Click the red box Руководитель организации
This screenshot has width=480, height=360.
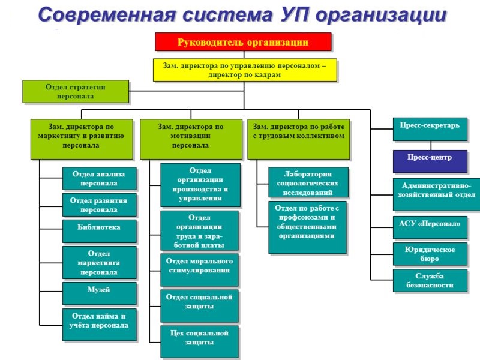pos(243,42)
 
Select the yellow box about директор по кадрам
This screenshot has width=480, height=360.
pos(245,70)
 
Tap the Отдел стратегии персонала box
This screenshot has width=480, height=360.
pos(76,91)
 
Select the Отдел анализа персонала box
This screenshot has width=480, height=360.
pos(99,179)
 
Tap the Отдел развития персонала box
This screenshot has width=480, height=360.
pos(99,205)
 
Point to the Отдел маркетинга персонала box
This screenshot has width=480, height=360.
pos(99,263)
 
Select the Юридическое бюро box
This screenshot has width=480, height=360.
pos(430,254)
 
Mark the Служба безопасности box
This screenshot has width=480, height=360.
pos(430,280)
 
